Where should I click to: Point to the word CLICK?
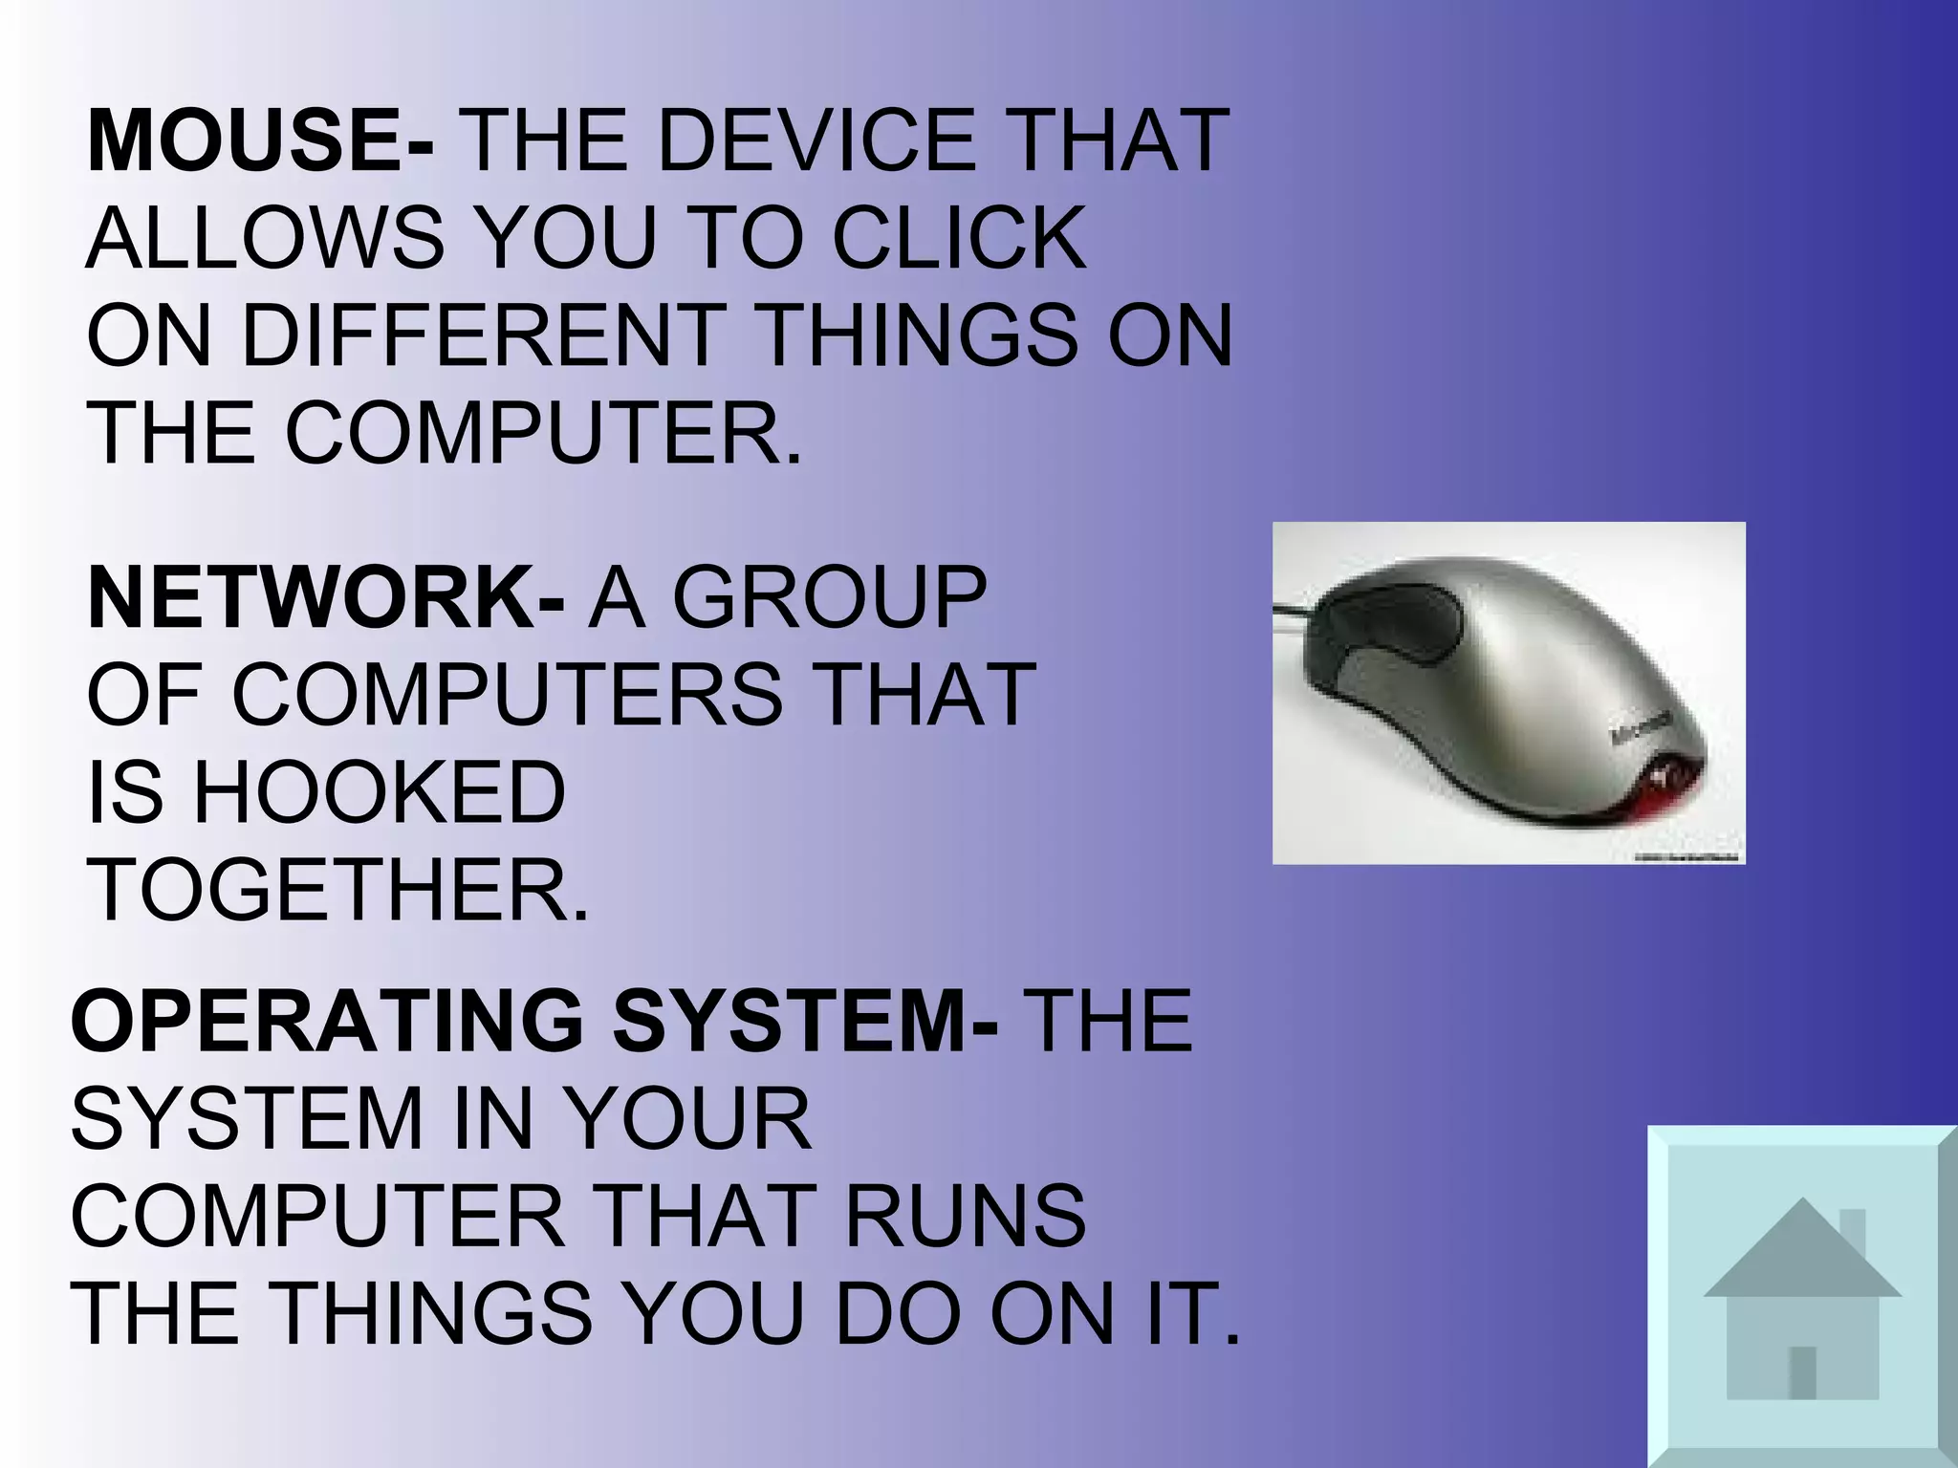click(959, 239)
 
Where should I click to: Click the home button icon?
click(1801, 1296)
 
